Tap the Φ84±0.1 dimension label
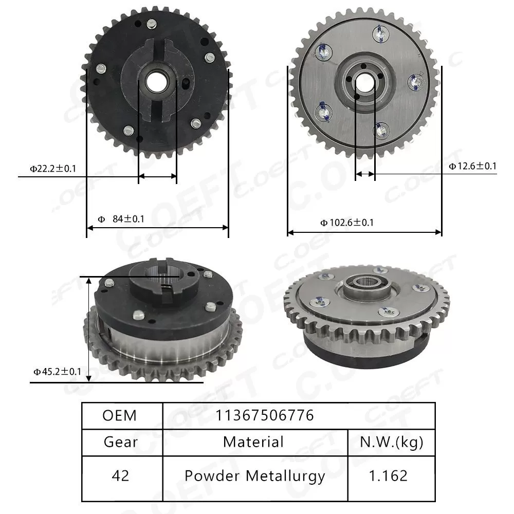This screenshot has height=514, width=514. [x=121, y=219]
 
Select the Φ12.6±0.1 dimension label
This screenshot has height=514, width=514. [x=472, y=166]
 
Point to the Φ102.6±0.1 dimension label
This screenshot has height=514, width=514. [x=347, y=223]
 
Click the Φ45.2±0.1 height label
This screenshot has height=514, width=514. [x=57, y=371]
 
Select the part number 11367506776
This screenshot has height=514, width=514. [x=265, y=415]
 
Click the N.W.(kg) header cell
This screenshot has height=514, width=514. [x=392, y=442]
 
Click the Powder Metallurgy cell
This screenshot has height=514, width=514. [x=255, y=475]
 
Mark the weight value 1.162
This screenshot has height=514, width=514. [x=392, y=475]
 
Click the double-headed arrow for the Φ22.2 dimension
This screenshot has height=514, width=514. [x=157, y=176]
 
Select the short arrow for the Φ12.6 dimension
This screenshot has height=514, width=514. [x=365, y=174]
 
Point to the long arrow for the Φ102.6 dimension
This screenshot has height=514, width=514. [x=364, y=232]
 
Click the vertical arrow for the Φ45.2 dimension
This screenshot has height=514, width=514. [x=89, y=329]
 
